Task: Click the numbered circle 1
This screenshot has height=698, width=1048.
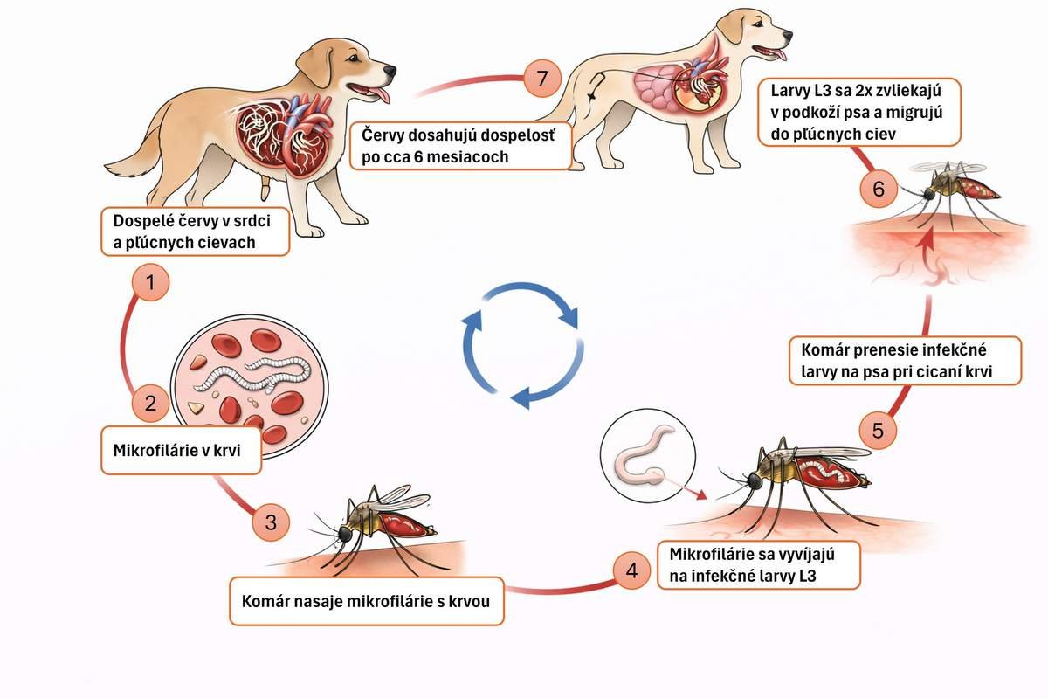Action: click(x=151, y=284)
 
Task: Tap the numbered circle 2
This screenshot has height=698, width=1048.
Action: click(x=151, y=404)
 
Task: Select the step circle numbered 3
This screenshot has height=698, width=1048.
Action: click(x=271, y=522)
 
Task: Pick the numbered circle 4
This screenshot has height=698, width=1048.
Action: click(x=631, y=570)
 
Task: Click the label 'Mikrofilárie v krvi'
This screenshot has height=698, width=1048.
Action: click(x=182, y=452)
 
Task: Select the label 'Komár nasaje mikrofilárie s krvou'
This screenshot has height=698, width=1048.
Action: click(x=367, y=601)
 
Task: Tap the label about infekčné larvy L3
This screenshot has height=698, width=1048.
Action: click(x=758, y=565)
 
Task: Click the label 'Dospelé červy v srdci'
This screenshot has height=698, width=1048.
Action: click(x=195, y=231)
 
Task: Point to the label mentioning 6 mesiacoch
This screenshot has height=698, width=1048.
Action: click(x=462, y=146)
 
